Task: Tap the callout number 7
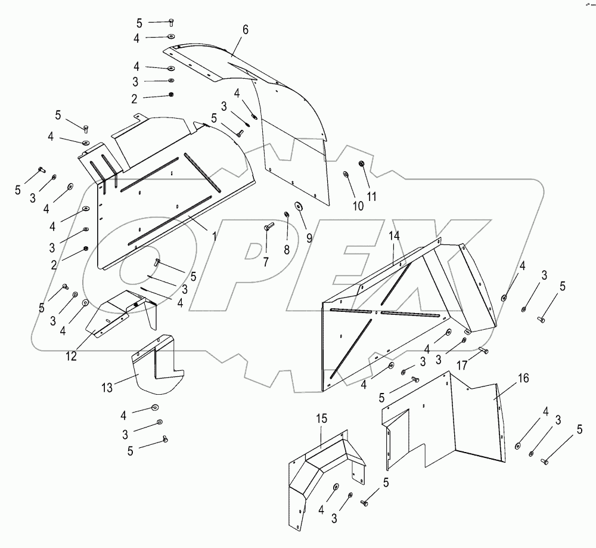(266, 262)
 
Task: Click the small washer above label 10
(346, 175)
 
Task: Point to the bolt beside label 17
(483, 351)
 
